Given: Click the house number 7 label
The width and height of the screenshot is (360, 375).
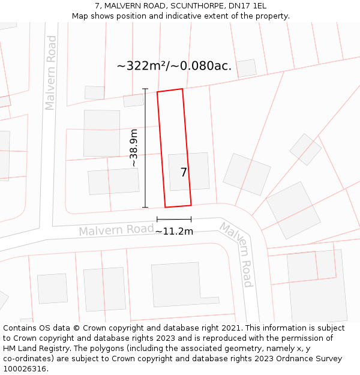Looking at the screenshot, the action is (184, 173).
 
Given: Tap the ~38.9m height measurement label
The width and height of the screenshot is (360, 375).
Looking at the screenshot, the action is (134, 148).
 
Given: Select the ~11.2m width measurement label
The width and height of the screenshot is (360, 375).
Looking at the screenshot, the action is (174, 231).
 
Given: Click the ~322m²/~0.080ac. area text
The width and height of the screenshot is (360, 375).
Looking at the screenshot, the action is (174, 66).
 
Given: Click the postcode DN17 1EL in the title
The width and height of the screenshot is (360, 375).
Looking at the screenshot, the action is (247, 6).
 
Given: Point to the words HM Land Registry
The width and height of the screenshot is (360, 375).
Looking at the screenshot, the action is (36, 348).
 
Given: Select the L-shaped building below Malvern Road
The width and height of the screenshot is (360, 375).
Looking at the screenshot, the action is (180, 284).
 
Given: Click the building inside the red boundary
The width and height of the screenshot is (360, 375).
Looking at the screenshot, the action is (188, 171).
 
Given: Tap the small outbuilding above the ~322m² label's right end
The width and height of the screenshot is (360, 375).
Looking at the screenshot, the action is (247, 68).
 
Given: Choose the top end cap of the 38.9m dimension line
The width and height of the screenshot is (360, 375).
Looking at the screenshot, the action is (145, 89).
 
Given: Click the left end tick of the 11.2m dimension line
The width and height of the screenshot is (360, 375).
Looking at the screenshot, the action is (157, 220).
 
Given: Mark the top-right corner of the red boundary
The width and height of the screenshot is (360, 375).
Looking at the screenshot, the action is (182, 89).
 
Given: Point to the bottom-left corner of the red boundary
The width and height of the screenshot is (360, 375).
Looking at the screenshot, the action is (166, 208).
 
